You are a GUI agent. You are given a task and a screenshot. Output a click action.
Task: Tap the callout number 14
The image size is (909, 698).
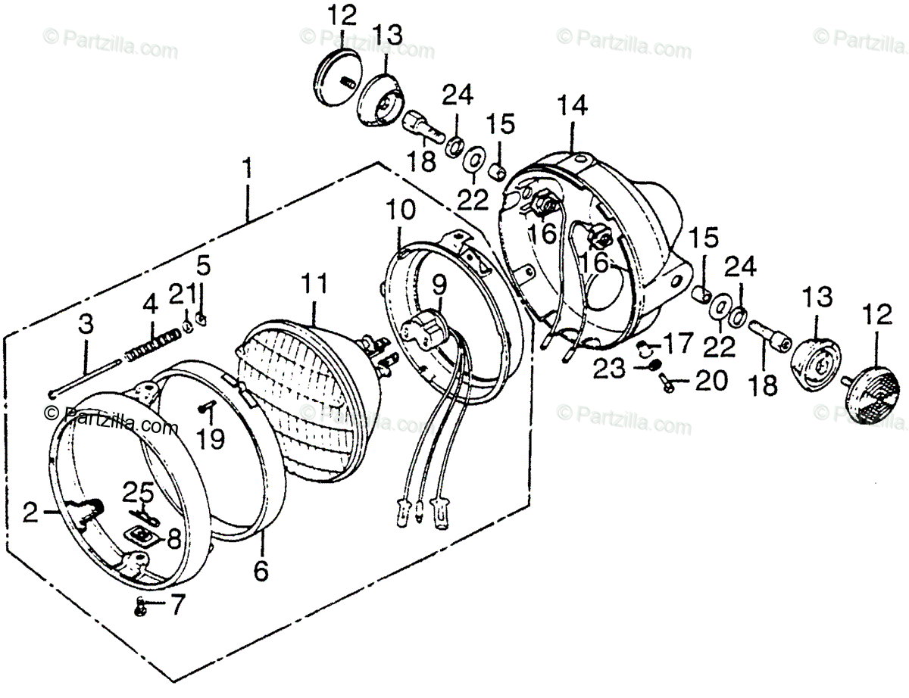click(572, 108)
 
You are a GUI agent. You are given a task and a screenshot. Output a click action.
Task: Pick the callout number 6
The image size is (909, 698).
click(260, 569)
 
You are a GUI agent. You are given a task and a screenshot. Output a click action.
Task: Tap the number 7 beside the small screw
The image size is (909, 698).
click(176, 605)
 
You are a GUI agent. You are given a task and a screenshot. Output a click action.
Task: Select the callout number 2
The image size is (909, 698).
click(30, 515)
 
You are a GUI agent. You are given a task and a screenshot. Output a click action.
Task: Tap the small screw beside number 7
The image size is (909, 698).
click(139, 605)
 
